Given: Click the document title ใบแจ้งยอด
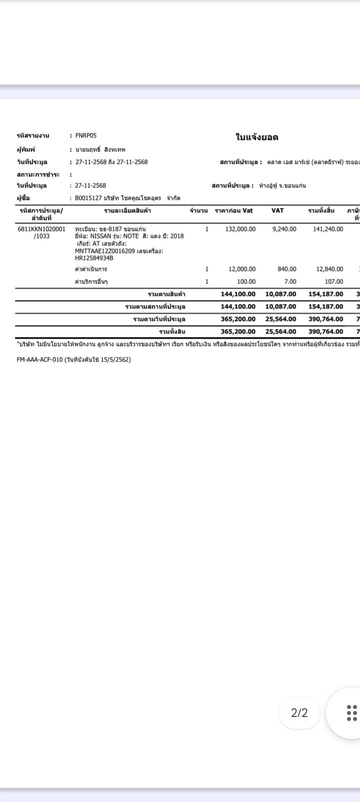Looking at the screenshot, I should [256, 137].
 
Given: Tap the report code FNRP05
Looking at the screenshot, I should [86, 135].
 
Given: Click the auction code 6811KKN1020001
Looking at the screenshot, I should [41, 229].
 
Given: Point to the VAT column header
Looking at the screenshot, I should [277, 210].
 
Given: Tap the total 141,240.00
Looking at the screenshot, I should [328, 229].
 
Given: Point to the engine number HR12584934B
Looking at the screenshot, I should [94, 258].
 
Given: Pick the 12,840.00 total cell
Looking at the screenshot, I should [330, 269].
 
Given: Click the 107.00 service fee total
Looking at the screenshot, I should [334, 281].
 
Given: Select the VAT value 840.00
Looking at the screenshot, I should [287, 269].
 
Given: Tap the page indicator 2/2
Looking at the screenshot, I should [299, 713].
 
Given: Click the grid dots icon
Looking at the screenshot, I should [352, 713].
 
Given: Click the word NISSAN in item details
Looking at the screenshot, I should [101, 236].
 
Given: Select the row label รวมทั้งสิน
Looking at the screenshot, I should [172, 331].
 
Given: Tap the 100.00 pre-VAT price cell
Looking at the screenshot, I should [246, 281].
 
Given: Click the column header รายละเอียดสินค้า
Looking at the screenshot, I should [127, 210].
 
